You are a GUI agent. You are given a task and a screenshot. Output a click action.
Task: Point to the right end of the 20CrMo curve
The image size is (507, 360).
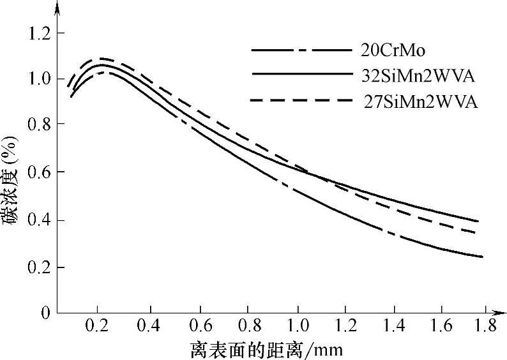(x=481, y=257)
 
